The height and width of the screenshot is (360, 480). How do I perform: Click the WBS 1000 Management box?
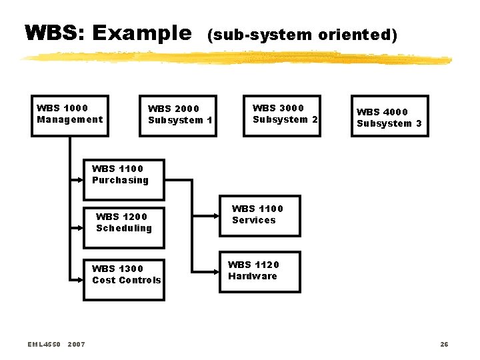[x=70, y=116]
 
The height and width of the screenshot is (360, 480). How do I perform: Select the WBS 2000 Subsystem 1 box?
[x=178, y=116]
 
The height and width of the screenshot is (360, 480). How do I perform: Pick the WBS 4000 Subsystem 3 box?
[x=389, y=116]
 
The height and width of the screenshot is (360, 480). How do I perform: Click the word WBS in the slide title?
[x=52, y=33]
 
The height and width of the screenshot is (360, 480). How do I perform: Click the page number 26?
[x=444, y=344]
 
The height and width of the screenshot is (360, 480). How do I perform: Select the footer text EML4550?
[x=44, y=344]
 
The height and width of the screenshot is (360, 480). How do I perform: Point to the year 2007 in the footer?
[x=77, y=344]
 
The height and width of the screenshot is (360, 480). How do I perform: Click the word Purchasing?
[x=120, y=180]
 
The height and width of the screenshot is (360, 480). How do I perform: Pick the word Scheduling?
[x=124, y=228]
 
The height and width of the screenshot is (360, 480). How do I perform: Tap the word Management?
[x=70, y=119]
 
